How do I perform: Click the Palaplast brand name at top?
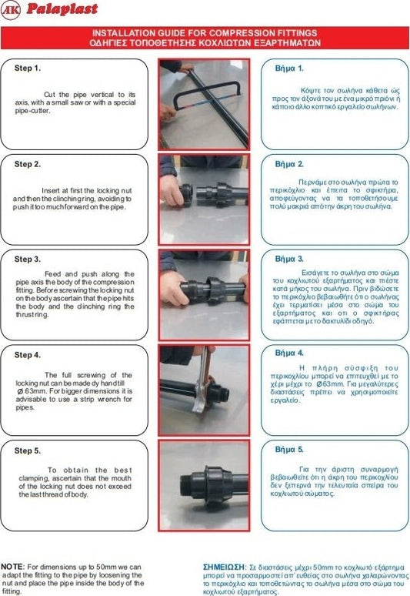[x=62, y=8]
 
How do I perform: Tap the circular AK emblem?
[x=11, y=10]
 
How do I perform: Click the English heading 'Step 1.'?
[x=28, y=69]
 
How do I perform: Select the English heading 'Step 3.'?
[x=28, y=259]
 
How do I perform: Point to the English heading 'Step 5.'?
[x=28, y=450]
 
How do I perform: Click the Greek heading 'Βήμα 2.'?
[x=289, y=164]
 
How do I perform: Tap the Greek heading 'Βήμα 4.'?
[x=289, y=353]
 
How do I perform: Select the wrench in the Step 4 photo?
[x=202, y=380]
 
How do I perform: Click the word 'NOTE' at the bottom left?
[x=12, y=567]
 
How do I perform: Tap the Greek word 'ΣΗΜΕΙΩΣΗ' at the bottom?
[x=224, y=567]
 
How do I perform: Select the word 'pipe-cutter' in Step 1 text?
[x=32, y=111]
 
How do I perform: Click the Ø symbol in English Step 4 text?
[x=20, y=391]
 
